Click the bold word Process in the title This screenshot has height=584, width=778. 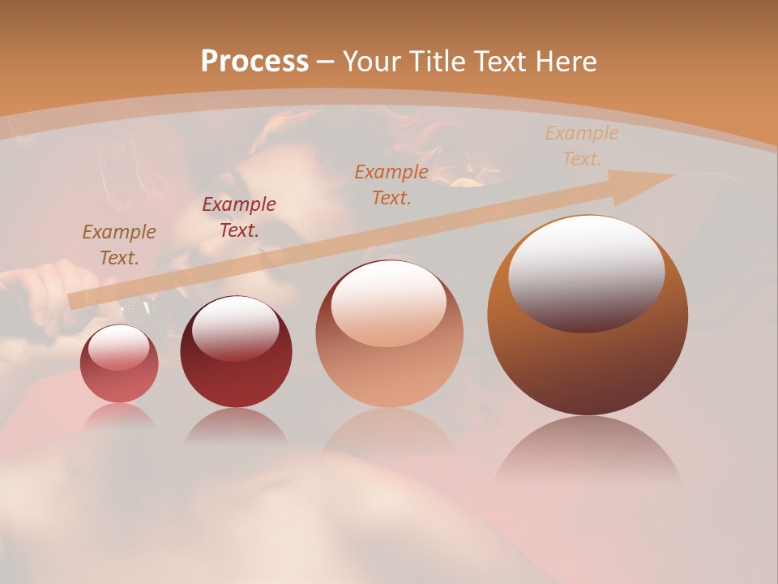tap(254, 61)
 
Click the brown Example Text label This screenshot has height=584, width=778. tap(119, 244)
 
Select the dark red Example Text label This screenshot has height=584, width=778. tap(239, 217)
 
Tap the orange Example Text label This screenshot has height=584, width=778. tap(391, 184)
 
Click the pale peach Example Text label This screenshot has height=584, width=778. tap(582, 146)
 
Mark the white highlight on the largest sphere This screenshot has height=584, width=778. tap(586, 272)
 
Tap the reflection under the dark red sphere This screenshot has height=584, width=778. tap(236, 426)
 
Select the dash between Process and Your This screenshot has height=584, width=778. tap(326, 61)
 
